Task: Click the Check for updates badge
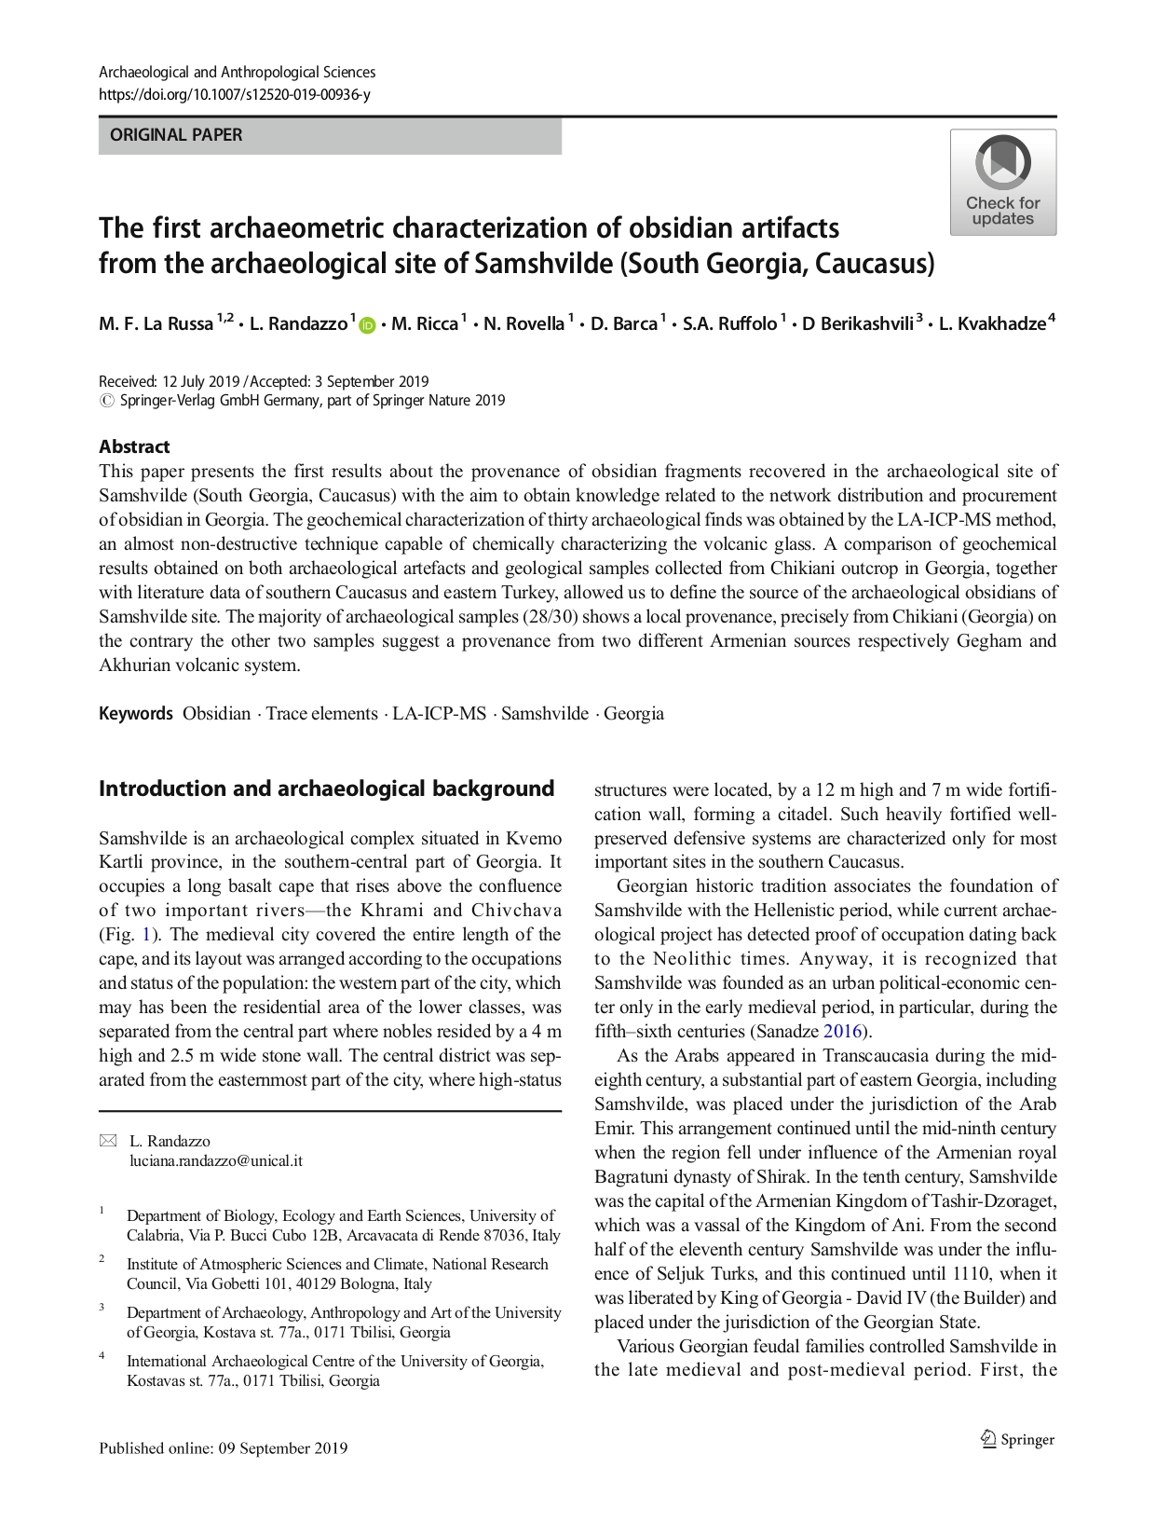tap(1002, 182)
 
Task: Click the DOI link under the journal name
tap(234, 94)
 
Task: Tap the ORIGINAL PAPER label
tap(176, 135)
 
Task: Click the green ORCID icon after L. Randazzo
tap(366, 325)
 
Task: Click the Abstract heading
tap(134, 446)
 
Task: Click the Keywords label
tap(136, 714)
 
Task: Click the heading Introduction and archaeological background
tap(326, 789)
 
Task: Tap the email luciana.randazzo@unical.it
tap(216, 1161)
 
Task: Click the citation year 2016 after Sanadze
tap(842, 1032)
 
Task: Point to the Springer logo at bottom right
tap(1017, 1439)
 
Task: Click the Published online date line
tap(223, 1447)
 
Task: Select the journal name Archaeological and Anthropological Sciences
tap(237, 73)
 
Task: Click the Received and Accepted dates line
tap(264, 381)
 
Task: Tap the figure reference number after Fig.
tap(145, 935)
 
